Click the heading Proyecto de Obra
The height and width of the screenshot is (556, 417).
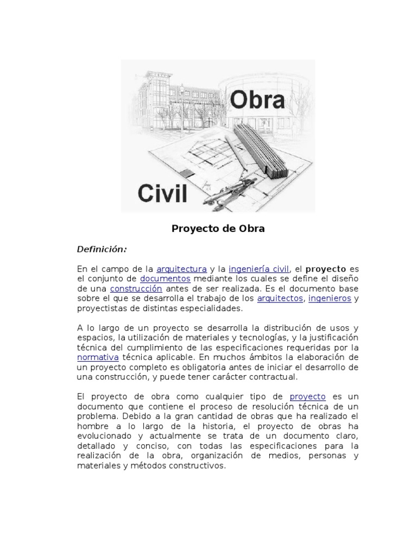click(218, 229)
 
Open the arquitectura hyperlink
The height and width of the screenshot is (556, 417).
click(181, 269)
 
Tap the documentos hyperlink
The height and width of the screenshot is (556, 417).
click(165, 279)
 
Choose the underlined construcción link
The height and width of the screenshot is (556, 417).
click(136, 288)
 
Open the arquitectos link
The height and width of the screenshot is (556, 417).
click(280, 299)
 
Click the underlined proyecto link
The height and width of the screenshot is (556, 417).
click(307, 397)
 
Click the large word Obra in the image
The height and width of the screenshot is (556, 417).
click(258, 100)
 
